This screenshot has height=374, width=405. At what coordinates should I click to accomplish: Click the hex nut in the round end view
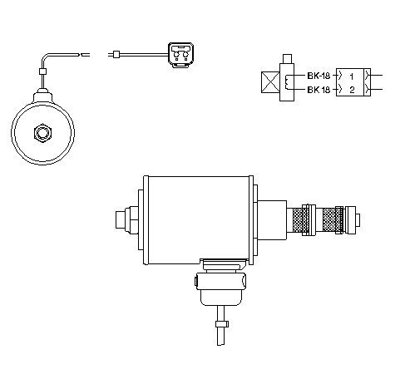coord(42,133)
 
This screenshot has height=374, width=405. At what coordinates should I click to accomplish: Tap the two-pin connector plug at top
coord(181,55)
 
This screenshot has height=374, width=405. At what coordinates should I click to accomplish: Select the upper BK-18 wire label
coord(319,76)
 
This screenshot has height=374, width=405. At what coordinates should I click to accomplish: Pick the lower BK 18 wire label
coord(319,90)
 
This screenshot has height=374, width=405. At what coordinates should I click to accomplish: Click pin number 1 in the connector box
coord(352,76)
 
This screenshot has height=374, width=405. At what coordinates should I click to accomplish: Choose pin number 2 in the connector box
coord(352,90)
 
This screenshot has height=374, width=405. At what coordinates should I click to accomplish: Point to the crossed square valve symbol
coord(270,82)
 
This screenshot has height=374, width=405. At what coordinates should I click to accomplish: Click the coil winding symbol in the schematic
coord(287,82)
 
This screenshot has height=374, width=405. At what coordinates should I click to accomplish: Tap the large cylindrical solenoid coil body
coord(198,220)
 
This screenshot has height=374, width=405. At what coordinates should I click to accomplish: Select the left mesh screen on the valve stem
coord(301,220)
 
